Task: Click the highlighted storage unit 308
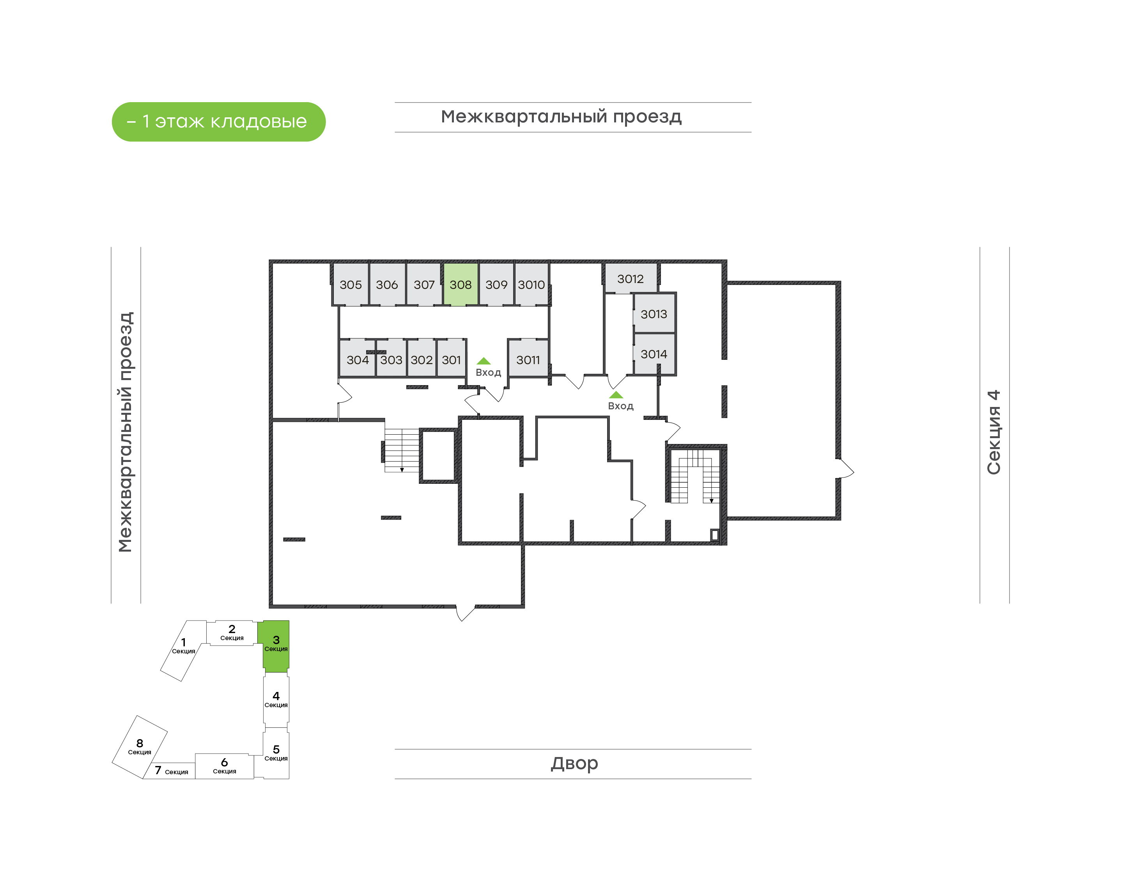click(460, 284)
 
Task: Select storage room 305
click(351, 284)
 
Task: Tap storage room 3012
click(631, 279)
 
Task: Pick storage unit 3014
click(654, 354)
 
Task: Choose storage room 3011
click(528, 359)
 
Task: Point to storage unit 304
click(358, 359)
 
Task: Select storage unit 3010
click(531, 284)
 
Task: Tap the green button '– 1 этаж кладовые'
click(219, 122)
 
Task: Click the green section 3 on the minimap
click(276, 646)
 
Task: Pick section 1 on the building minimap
click(184, 650)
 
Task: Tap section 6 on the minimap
click(224, 766)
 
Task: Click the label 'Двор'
click(574, 763)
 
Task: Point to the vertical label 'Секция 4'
click(994, 432)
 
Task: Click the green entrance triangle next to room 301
click(484, 361)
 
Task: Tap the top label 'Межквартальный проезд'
click(561, 117)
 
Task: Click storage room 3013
click(654, 313)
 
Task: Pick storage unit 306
click(387, 284)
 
